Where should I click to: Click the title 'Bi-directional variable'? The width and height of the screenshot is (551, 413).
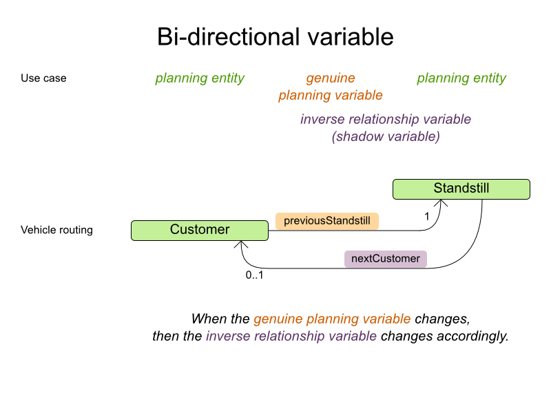275,36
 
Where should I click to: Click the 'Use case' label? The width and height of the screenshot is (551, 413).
43,78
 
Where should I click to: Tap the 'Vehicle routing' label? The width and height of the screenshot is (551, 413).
56,230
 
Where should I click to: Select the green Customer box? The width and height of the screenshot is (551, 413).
200,230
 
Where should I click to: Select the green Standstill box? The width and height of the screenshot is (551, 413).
461,189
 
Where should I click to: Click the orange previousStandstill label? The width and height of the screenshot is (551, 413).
327,220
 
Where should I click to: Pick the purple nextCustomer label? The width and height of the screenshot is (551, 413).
386,259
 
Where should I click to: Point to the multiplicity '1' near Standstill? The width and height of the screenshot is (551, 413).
427,216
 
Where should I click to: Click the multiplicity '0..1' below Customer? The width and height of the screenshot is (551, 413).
256,275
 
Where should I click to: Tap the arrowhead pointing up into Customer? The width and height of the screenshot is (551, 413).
241,245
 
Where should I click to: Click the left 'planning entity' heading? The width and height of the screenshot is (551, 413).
200,78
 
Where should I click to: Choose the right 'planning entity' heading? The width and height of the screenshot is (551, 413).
461,78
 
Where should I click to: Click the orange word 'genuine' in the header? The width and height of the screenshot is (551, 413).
331,78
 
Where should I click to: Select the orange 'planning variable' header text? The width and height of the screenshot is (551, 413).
331,96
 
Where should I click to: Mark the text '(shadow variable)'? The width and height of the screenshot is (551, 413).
386,136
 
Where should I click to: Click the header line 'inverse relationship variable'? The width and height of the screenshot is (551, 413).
386,119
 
